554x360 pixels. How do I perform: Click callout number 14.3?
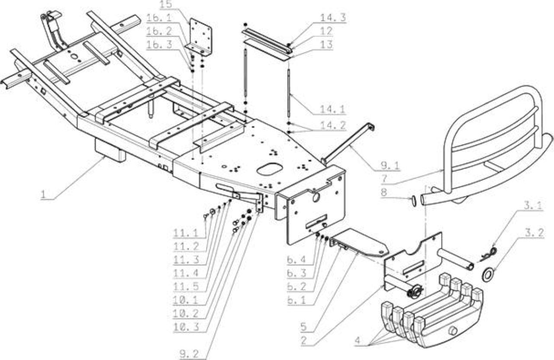tap(333, 18)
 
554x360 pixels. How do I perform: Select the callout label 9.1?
tap(390, 165)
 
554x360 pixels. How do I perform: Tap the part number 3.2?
tap(534, 233)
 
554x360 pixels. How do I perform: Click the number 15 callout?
tap(166, 4)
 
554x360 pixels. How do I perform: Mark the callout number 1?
tap(43, 194)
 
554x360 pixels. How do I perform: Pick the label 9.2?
tap(189, 354)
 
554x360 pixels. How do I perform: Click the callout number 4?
tap(358, 341)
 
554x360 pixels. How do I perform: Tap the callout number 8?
tap(384, 192)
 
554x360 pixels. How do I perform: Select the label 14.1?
tap(333, 109)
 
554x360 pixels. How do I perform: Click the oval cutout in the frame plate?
tap(268, 169)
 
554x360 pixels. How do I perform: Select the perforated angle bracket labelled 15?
tap(200, 37)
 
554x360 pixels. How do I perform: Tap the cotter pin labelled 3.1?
tap(488, 255)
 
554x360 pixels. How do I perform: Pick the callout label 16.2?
tap(159, 31)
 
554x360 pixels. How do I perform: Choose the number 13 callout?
tap(326, 45)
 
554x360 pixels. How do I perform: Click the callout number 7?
tap(384, 179)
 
